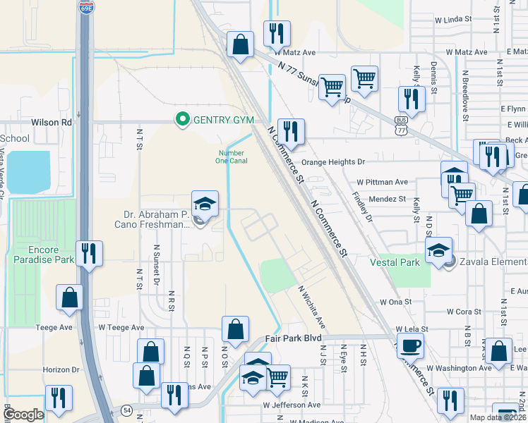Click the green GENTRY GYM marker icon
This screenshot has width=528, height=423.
pos(182,120)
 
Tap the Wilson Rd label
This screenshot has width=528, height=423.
pos(56,122)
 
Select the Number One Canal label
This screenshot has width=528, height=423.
pos(231,157)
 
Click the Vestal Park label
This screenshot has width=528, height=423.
pos(395,262)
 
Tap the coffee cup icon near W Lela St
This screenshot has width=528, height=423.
pos(409,346)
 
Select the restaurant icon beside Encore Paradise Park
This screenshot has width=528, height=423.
pos(89,253)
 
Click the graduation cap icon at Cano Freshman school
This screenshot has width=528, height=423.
pos(205,204)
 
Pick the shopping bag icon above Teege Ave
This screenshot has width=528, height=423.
pos(70,298)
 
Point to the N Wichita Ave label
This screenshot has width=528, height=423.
pos(311,307)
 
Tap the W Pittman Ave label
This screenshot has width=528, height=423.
pos(383,181)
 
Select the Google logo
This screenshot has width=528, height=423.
pos(23,414)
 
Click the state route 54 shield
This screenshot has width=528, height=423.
pos(126,410)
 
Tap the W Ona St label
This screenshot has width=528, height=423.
pos(395,301)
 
